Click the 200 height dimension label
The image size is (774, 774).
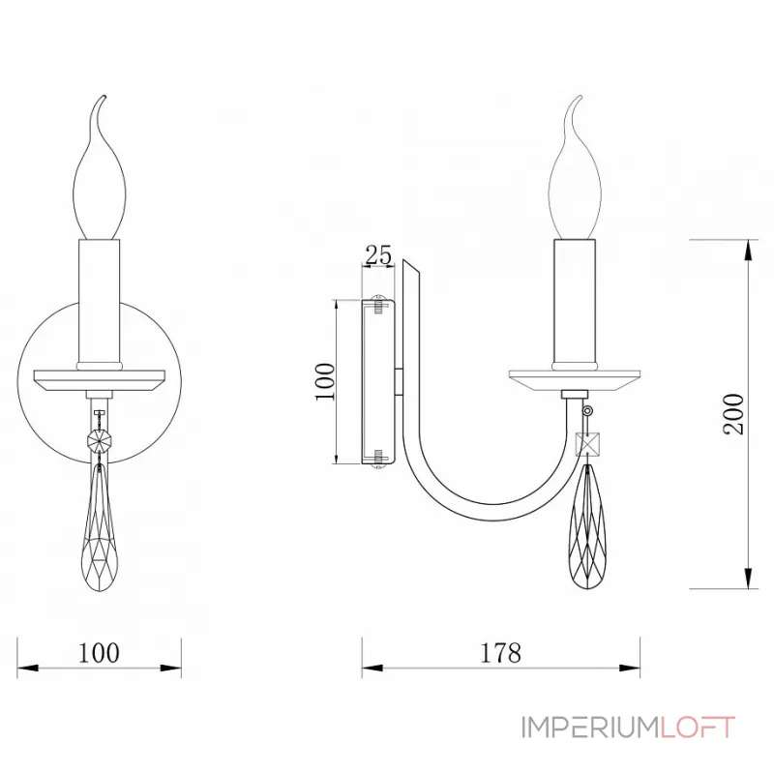[734, 413]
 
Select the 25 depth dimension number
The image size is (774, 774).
[378, 255]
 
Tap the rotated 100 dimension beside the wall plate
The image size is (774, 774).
[325, 381]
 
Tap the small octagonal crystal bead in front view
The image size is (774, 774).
[99, 439]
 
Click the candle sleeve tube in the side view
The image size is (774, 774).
[575, 300]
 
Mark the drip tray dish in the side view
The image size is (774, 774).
[575, 376]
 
